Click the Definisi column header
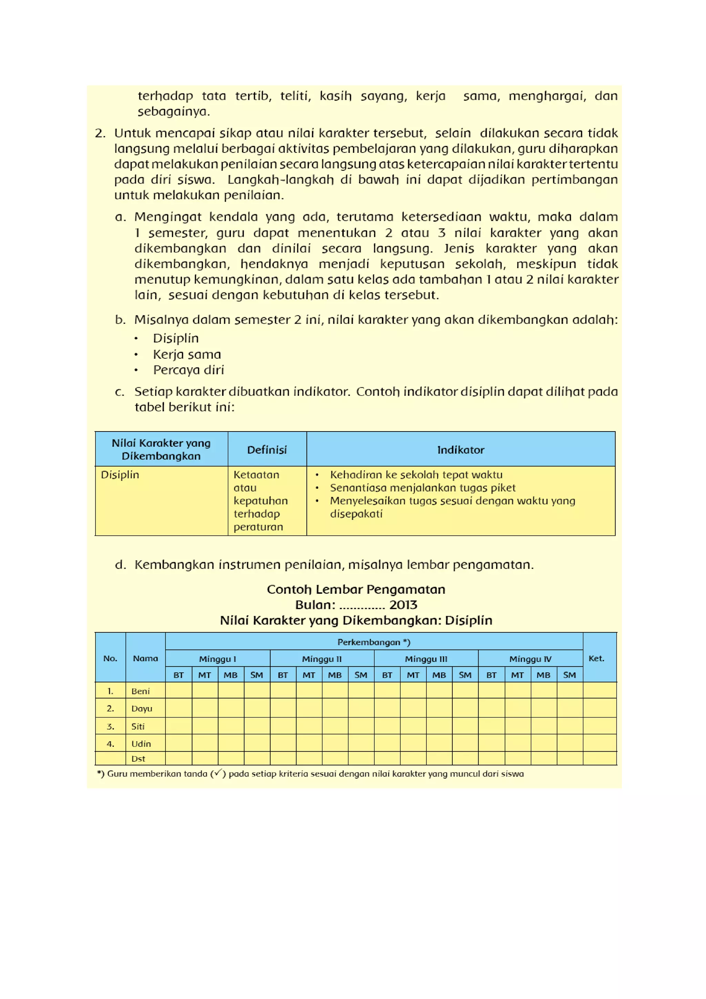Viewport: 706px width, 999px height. pyautogui.click(x=267, y=449)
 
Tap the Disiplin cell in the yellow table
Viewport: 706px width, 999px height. pyautogui.click(x=120, y=474)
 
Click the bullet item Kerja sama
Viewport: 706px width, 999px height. pyautogui.click(x=187, y=354)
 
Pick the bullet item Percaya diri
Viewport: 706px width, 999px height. pyautogui.click(x=188, y=370)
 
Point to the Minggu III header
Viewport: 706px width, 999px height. pyautogui.click(x=426, y=659)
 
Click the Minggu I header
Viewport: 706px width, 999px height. pyautogui.click(x=218, y=659)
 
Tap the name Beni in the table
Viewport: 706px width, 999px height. pyautogui.click(x=140, y=691)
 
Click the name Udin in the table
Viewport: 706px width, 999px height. pyautogui.click(x=141, y=744)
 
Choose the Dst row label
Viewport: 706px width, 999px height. pyautogui.click(x=138, y=759)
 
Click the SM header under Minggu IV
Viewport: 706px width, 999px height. pyautogui.click(x=569, y=675)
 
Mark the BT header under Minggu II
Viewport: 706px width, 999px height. pyautogui.click(x=283, y=675)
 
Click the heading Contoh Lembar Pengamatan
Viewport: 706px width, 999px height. pyautogui.click(x=356, y=589)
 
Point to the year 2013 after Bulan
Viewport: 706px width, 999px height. pyautogui.click(x=403, y=605)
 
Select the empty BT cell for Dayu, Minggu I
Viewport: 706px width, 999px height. pyautogui.click(x=178, y=708)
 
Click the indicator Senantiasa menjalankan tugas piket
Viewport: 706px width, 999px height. pyautogui.click(x=422, y=488)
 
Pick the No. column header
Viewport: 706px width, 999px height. pyautogui.click(x=110, y=658)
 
